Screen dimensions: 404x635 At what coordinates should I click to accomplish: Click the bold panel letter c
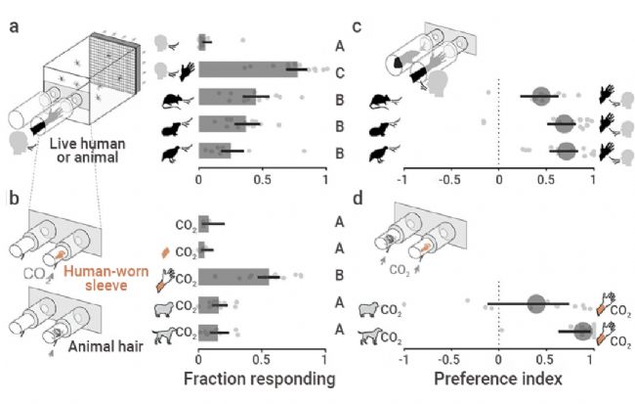pyautogui.click(x=357, y=27)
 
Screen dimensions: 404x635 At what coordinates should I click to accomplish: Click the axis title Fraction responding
pyautogui.click(x=259, y=377)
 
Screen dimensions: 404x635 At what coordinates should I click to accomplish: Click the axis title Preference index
pyautogui.click(x=498, y=377)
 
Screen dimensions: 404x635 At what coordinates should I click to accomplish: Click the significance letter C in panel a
pyautogui.click(x=338, y=71)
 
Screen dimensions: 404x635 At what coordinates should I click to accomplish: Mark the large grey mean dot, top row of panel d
pyautogui.click(x=535, y=304)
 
